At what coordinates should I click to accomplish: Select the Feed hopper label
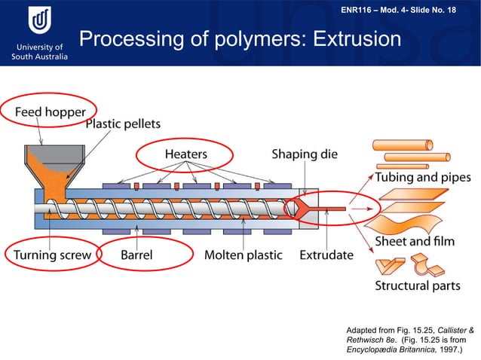51,112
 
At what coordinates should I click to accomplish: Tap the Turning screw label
52,255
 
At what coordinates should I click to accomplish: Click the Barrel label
136,255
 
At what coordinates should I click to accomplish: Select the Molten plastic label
243,255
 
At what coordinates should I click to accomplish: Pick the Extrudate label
326,255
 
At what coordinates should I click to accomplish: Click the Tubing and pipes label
423,178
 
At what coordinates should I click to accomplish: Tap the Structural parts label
418,285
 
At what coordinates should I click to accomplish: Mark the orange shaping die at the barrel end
300,206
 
